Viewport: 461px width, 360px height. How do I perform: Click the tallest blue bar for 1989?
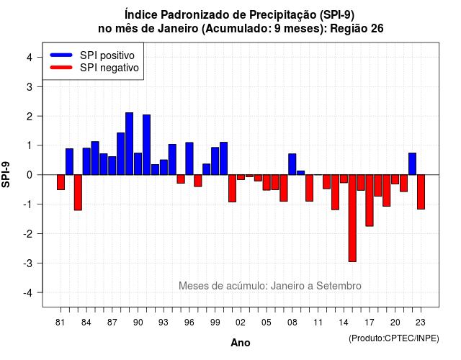pyautogui.click(x=130, y=144)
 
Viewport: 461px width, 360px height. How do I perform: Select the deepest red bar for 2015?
pyautogui.click(x=352, y=218)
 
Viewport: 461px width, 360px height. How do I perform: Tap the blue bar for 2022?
pyautogui.click(x=412, y=164)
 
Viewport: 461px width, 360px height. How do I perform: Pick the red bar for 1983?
pyautogui.click(x=78, y=192)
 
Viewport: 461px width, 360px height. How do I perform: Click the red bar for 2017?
pyautogui.click(x=370, y=200)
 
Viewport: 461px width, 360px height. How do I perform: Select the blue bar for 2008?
pyautogui.click(x=292, y=164)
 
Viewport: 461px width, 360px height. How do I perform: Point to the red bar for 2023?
pyautogui.click(x=421, y=192)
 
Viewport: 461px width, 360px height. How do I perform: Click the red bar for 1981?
pyautogui.click(x=61, y=182)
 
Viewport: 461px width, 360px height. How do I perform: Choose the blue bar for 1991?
pyautogui.click(x=146, y=145)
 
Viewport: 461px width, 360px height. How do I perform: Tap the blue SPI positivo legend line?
pyautogui.click(x=61, y=55)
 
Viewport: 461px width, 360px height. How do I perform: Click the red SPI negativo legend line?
pyautogui.click(x=61, y=68)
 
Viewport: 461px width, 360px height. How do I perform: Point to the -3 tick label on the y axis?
pyautogui.click(x=29, y=264)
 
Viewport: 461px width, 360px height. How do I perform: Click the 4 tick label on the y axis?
pyautogui.click(x=30, y=58)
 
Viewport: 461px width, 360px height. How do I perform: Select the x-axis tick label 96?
pyautogui.click(x=189, y=323)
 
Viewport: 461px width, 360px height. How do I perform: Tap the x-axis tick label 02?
pyautogui.click(x=241, y=323)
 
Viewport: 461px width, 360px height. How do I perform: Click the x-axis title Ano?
pyautogui.click(x=241, y=343)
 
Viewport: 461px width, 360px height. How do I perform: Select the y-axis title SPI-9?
pyautogui.click(x=6, y=174)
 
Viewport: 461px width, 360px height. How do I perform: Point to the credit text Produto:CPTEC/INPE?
pyautogui.click(x=394, y=338)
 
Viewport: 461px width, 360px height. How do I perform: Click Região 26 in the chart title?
pyautogui.click(x=357, y=29)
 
